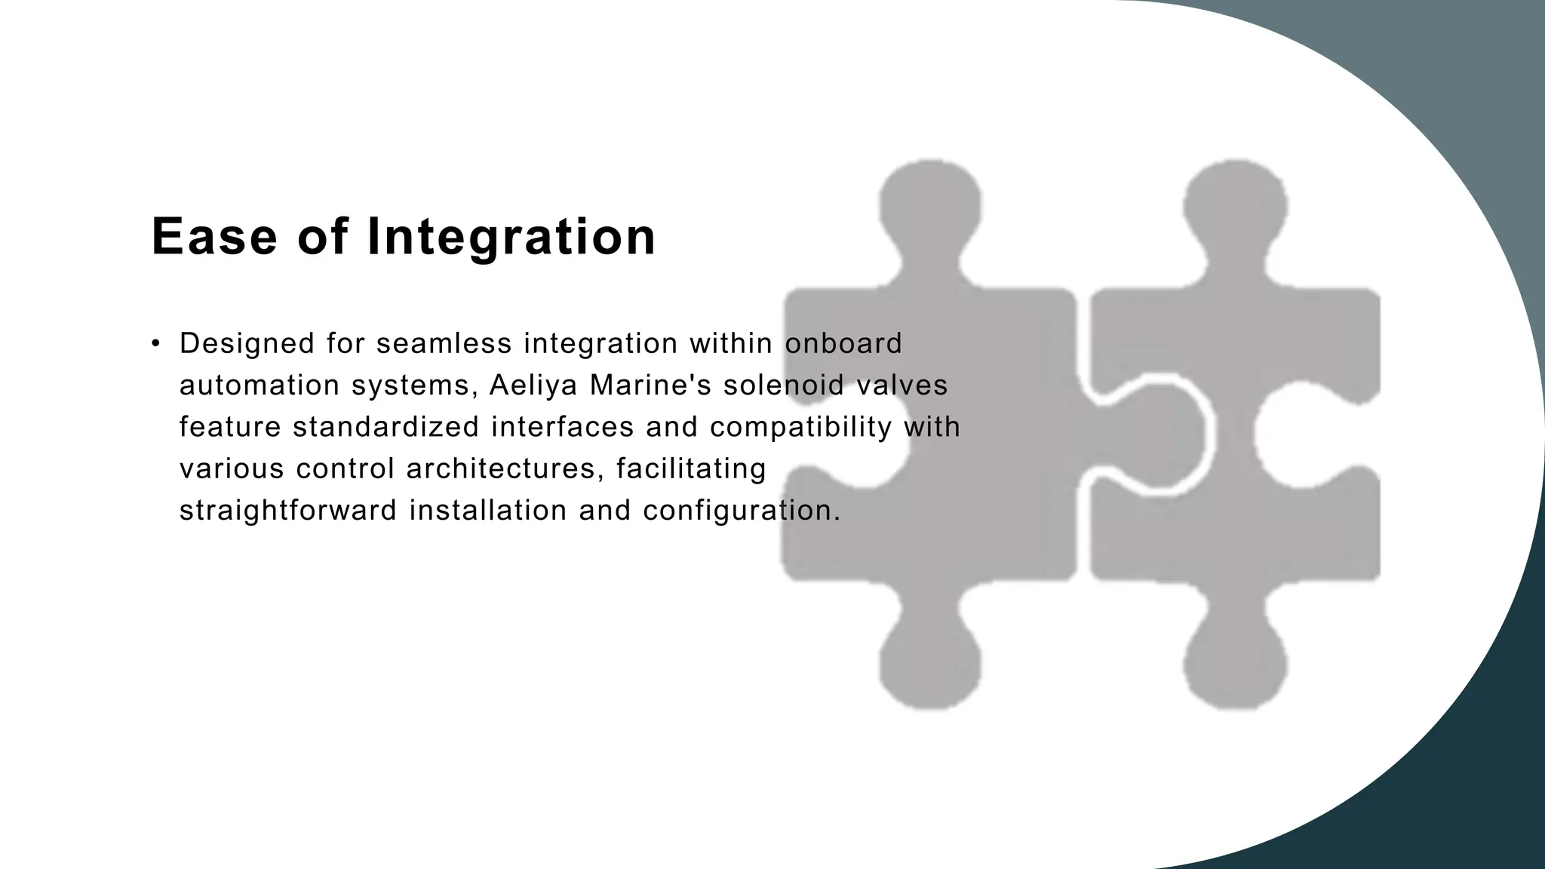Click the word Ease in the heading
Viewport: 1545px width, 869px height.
click(214, 237)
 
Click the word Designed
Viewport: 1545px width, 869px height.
click(247, 344)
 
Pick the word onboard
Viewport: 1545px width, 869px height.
click(843, 344)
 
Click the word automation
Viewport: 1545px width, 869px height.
click(260, 385)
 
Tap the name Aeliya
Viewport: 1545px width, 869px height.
click(533, 385)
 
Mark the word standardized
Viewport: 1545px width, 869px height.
click(385, 427)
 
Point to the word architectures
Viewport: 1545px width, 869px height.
click(501, 468)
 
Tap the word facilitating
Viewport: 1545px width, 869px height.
click(691, 468)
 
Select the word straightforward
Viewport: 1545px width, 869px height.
click(288, 511)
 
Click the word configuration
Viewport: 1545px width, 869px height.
click(742, 511)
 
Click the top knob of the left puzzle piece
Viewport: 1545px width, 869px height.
click(930, 200)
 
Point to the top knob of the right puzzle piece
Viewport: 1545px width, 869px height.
click(1235, 200)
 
